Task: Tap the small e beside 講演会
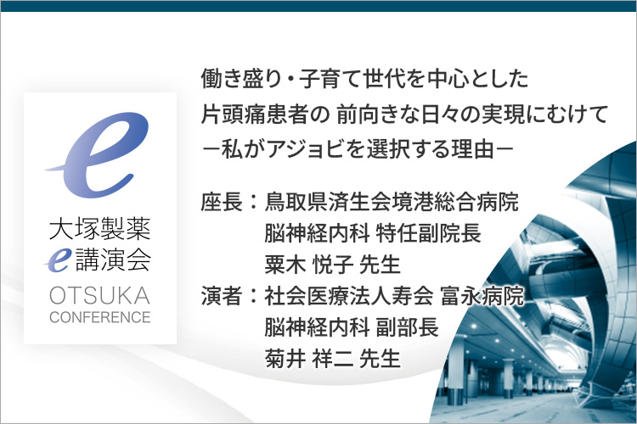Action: (58, 261)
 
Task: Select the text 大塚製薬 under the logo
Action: (100, 229)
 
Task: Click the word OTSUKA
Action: (100, 295)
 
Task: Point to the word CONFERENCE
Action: (100, 317)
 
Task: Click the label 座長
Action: (222, 201)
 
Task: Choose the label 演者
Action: (222, 295)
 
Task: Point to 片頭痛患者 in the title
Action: (254, 114)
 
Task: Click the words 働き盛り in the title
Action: (241, 79)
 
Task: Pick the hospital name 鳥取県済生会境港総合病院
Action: (392, 201)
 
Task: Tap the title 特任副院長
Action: (429, 233)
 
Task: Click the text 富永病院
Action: (482, 295)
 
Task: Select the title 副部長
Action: (408, 327)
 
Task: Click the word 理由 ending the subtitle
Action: (473, 149)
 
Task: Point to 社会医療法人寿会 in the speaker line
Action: (349, 295)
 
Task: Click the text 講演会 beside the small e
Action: (114, 260)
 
